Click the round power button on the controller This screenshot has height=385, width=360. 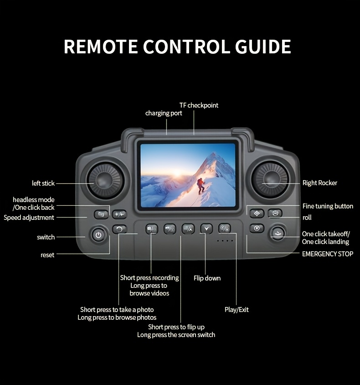coord(98,235)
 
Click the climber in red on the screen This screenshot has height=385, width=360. coord(201,185)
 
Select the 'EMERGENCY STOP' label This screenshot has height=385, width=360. coord(327,254)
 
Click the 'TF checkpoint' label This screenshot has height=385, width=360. coord(199,105)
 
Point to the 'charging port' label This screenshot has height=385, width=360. coord(164,113)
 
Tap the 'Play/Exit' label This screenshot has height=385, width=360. coord(237,310)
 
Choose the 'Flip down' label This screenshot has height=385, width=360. coord(207,278)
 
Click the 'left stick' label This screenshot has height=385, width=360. coord(43,183)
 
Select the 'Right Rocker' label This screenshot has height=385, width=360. coord(320,183)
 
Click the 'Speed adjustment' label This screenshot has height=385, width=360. coord(29,218)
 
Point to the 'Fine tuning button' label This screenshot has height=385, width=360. coord(328,206)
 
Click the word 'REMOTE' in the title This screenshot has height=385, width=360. coord(101,47)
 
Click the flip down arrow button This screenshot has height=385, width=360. coord(206,229)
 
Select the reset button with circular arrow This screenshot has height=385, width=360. coord(119,229)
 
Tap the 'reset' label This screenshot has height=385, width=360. coord(47,255)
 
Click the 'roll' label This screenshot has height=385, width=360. coord(307,218)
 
